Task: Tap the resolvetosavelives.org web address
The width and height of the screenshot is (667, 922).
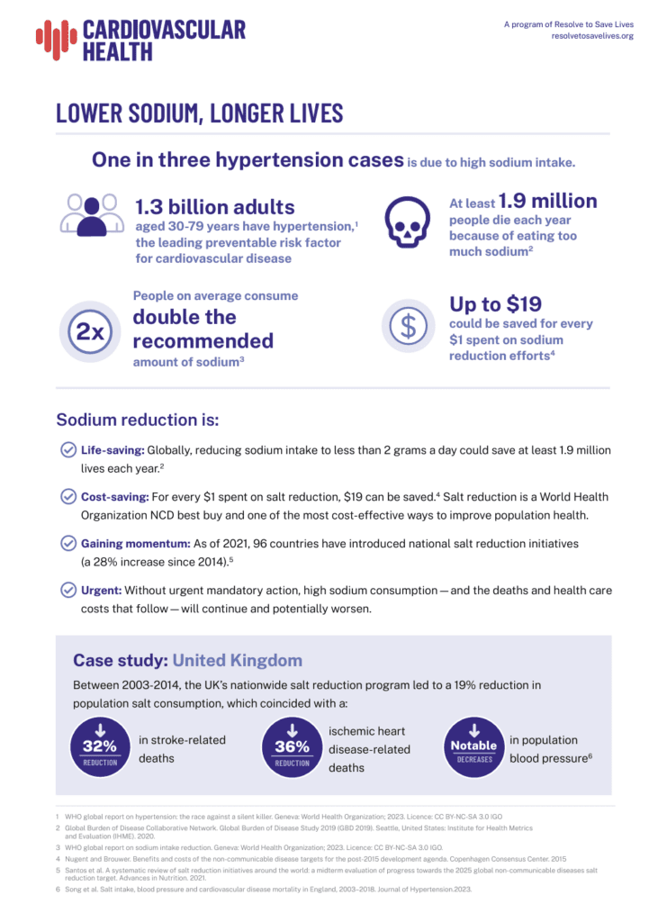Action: (592, 36)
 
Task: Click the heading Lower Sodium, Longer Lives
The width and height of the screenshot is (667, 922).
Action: (199, 113)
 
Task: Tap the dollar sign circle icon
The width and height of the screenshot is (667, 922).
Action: (409, 326)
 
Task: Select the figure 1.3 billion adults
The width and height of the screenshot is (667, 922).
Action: (214, 206)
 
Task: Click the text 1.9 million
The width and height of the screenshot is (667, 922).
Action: (547, 201)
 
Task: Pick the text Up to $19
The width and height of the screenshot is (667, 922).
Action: (497, 303)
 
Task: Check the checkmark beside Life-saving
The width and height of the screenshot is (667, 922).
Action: (68, 450)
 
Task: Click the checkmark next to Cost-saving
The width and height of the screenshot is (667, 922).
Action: (68, 497)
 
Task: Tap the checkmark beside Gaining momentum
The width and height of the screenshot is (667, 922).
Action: (68, 544)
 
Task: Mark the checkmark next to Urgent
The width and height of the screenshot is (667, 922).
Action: (68, 591)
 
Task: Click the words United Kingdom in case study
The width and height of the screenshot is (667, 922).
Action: (238, 661)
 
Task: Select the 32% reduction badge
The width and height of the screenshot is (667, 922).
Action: (100, 745)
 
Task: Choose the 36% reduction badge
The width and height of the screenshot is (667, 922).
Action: (292, 746)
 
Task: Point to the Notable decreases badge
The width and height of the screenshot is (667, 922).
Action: (473, 745)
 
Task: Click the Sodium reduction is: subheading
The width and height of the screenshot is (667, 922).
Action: (138, 420)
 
